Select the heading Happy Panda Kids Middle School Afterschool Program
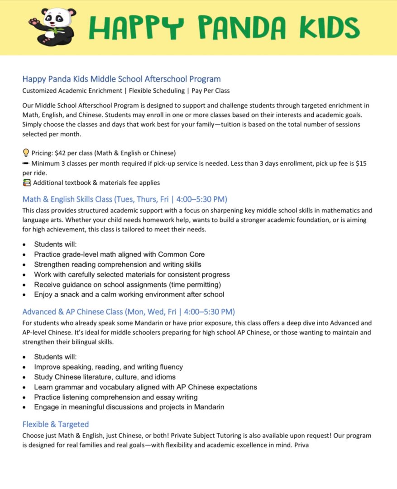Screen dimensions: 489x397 121,79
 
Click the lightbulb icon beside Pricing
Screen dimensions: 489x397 26,153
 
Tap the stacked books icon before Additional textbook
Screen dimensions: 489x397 26,183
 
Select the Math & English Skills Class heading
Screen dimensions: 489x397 124,199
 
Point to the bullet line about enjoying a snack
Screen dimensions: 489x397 129,295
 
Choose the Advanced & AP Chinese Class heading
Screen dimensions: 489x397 129,312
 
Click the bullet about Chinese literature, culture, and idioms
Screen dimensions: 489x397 105,377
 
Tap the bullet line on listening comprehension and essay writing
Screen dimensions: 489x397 115,397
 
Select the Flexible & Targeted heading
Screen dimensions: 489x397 56,424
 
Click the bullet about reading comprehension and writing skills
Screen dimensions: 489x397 118,264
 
